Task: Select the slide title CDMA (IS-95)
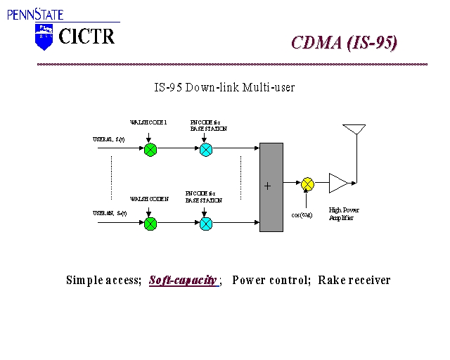[x=344, y=43]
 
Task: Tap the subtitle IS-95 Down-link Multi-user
[x=224, y=88]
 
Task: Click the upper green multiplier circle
[x=150, y=149]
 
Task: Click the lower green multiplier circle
[x=150, y=224]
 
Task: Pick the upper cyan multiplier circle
[x=205, y=149]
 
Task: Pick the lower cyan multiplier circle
[x=205, y=224]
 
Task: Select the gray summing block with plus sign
[x=271, y=186]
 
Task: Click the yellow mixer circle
[x=307, y=184]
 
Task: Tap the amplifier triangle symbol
[x=337, y=184]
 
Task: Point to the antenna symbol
[x=354, y=130]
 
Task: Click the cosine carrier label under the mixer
[x=302, y=214]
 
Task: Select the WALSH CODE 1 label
[x=148, y=122]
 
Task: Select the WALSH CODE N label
[x=149, y=199]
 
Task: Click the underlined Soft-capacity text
[x=183, y=281]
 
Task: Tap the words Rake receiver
[x=354, y=281]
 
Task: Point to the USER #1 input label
[x=109, y=139]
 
